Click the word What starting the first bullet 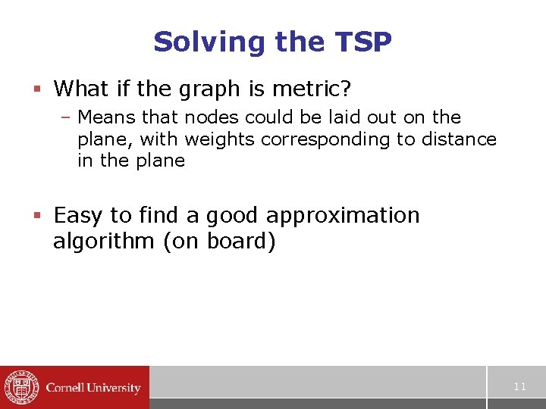pyautogui.click(x=81, y=89)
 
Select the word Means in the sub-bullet pyautogui.click(x=103, y=117)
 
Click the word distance pyautogui.click(x=456, y=139)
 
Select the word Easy pyautogui.click(x=78, y=216)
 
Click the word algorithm pyautogui.click(x=105, y=242)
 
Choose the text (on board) pyautogui.click(x=219, y=242)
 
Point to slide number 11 pyautogui.click(x=519, y=387)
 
